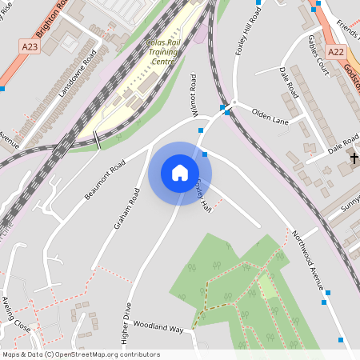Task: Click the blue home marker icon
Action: (180, 173)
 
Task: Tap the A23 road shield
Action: (30, 47)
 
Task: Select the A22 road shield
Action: (336, 52)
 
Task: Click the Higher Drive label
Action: (126, 322)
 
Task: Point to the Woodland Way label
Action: (158, 329)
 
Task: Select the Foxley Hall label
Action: (203, 194)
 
